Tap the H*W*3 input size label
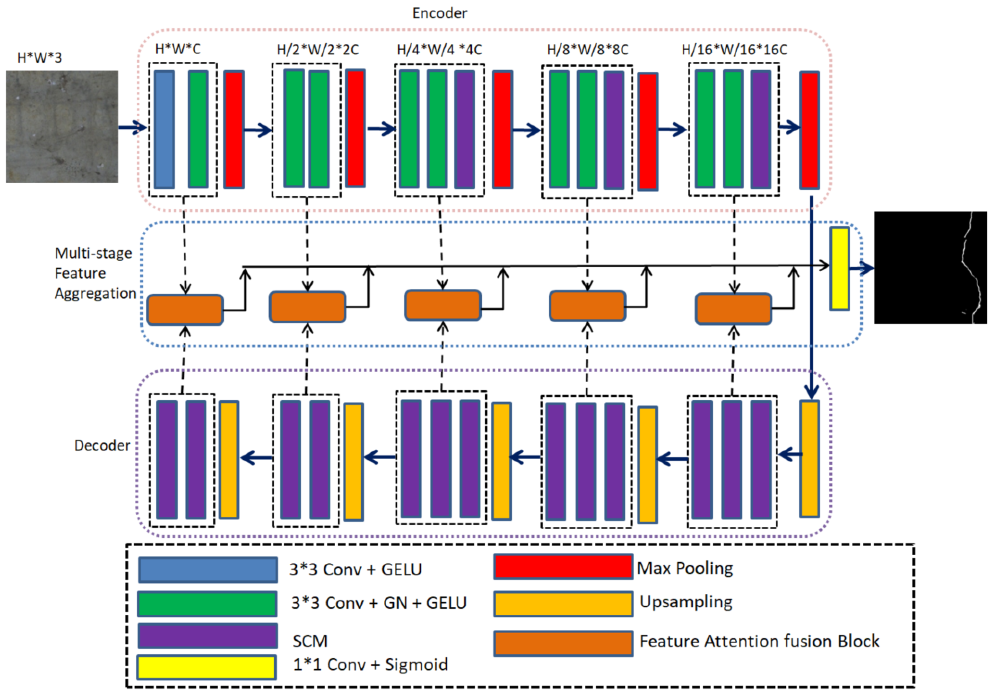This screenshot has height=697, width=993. pos(39,58)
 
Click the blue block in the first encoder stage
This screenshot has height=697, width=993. pos(164,129)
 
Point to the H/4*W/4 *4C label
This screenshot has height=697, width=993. pos(439,50)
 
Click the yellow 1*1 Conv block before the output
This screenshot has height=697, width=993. pos(839,268)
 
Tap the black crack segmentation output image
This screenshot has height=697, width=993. pos(930,268)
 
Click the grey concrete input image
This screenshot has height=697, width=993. pos(62,127)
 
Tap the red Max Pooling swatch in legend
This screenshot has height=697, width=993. pos(563,567)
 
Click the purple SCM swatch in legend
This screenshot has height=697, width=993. pos(208,636)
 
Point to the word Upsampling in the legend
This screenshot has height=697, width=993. pos(686,602)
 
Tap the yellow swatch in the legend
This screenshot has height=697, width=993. pos(206,667)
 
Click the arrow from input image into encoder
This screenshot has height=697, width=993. pos(132,127)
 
